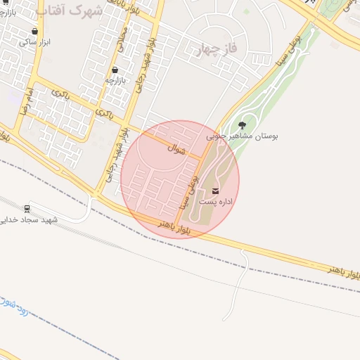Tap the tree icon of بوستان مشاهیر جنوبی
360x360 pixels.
pyautogui.click(x=243, y=125)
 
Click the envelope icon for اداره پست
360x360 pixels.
pyautogui.click(x=215, y=191)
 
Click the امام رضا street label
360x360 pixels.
pyautogui.click(x=25, y=103)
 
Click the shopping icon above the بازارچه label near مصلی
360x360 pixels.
pyautogui.click(x=115, y=70)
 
